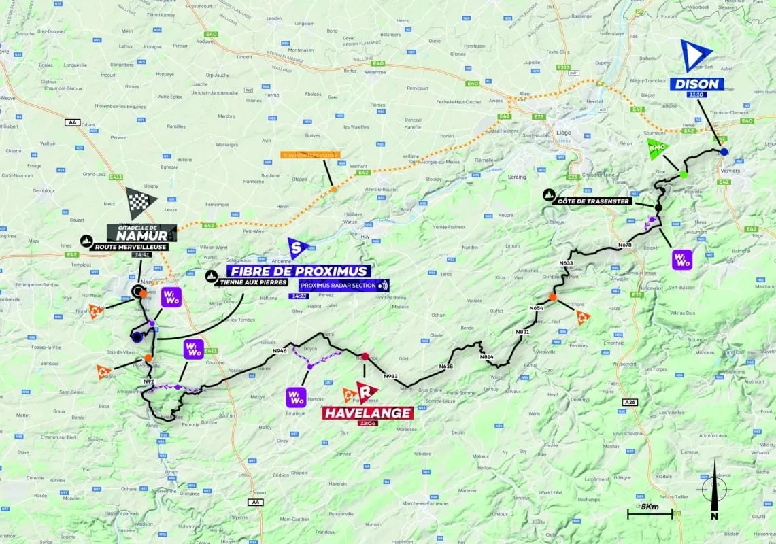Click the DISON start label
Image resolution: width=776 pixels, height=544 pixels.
pyautogui.click(x=697, y=84)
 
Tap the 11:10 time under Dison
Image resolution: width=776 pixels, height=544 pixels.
pyautogui.click(x=696, y=95)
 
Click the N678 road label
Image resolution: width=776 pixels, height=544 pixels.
pyautogui.click(x=625, y=244)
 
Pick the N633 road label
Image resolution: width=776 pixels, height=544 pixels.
pyautogui.click(x=566, y=262)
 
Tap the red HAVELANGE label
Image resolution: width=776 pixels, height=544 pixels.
pyautogui.click(x=368, y=413)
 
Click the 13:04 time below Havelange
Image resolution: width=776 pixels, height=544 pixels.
pyautogui.click(x=367, y=423)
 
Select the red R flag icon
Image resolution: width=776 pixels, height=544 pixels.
pyautogui.click(x=367, y=391)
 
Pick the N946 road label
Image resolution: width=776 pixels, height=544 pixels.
pyautogui.click(x=280, y=350)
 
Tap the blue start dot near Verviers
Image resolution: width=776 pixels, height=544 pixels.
pyautogui.click(x=724, y=152)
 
